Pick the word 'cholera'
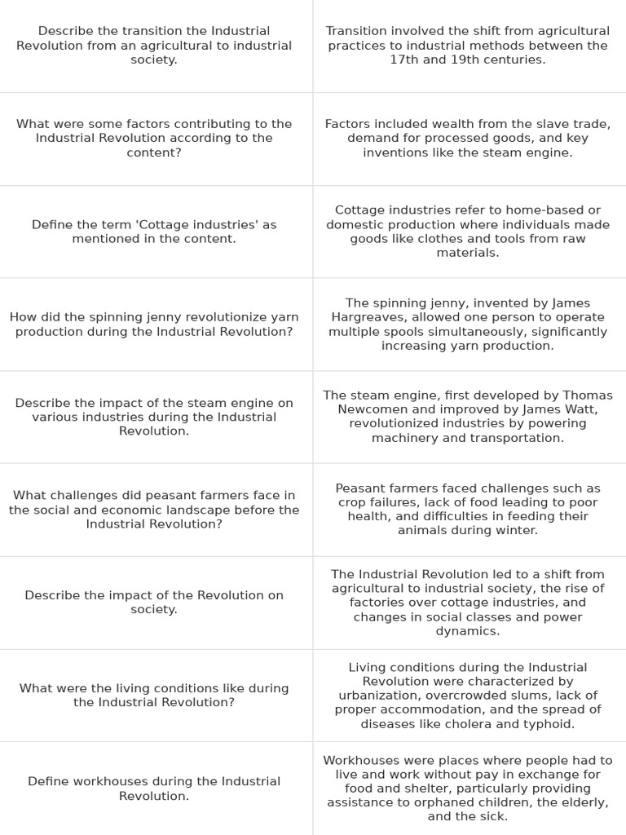[483, 724]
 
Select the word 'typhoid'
[549, 724]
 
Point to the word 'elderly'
[583, 802]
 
